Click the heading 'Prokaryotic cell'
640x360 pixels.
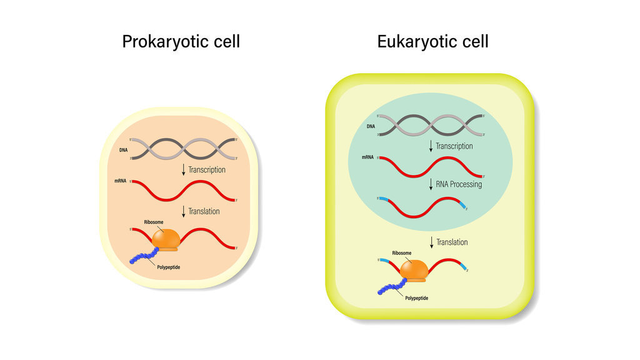181,42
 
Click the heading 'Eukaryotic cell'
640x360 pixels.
432,42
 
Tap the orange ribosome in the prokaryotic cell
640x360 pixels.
165,238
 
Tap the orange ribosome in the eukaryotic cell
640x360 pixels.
414,269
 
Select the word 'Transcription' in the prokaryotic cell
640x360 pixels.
207,169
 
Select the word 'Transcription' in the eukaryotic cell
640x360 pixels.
454,146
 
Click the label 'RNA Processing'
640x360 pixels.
459,184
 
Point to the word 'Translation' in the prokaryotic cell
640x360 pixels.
204,211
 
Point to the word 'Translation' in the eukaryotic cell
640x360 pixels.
452,242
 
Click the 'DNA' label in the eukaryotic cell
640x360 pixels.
371,127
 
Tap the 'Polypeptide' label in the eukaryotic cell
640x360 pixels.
417,298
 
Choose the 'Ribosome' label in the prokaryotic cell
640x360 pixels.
154,222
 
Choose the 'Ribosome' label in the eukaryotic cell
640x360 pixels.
402,253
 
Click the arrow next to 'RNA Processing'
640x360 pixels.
431,184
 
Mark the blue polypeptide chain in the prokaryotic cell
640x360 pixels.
143,256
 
